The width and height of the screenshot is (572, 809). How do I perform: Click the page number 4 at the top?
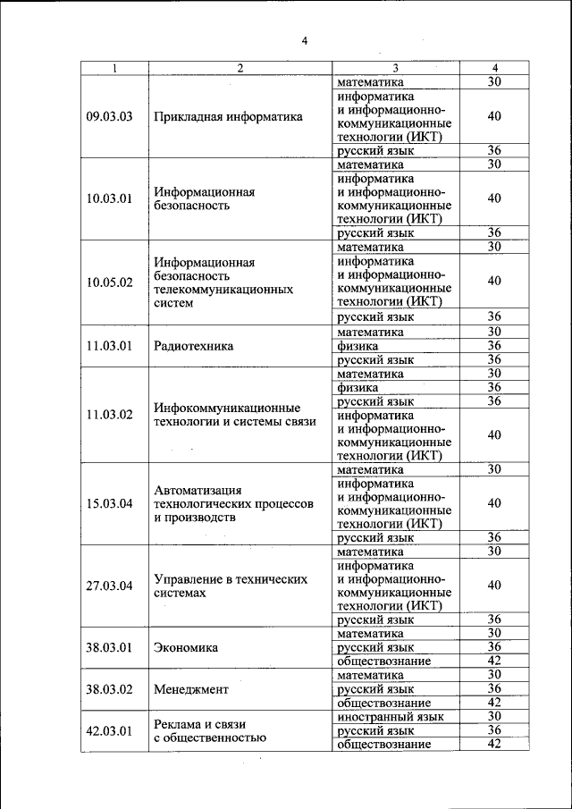pyautogui.click(x=305, y=40)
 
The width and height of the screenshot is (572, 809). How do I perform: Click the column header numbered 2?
pyautogui.click(x=240, y=69)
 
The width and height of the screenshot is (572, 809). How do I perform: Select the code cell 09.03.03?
pyautogui.click(x=109, y=116)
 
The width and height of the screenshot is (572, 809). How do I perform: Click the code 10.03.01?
pyautogui.click(x=109, y=198)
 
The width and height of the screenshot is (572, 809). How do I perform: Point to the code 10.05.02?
pyautogui.click(x=109, y=282)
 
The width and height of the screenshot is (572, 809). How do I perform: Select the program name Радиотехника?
pyautogui.click(x=194, y=346)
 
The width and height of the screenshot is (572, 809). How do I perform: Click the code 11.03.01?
pyautogui.click(x=109, y=346)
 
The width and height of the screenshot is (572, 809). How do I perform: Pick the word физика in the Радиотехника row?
pyautogui.click(x=357, y=346)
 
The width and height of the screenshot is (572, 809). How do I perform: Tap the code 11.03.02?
pyautogui.click(x=109, y=415)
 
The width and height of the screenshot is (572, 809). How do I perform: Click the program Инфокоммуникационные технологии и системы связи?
pyautogui.click(x=234, y=415)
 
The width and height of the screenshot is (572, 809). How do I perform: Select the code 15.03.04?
pyautogui.click(x=109, y=503)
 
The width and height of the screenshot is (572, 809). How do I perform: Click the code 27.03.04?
pyautogui.click(x=109, y=586)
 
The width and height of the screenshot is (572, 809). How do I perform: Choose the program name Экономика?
pyautogui.click(x=186, y=647)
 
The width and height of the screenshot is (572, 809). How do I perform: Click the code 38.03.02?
pyautogui.click(x=109, y=689)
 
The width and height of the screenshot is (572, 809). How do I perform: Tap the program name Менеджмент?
pyautogui.click(x=191, y=689)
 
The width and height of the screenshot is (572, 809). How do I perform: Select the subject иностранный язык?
pyautogui.click(x=391, y=717)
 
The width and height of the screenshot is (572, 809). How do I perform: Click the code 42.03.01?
pyautogui.click(x=109, y=730)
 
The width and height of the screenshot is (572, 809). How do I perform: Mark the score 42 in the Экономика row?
pyautogui.click(x=494, y=661)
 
